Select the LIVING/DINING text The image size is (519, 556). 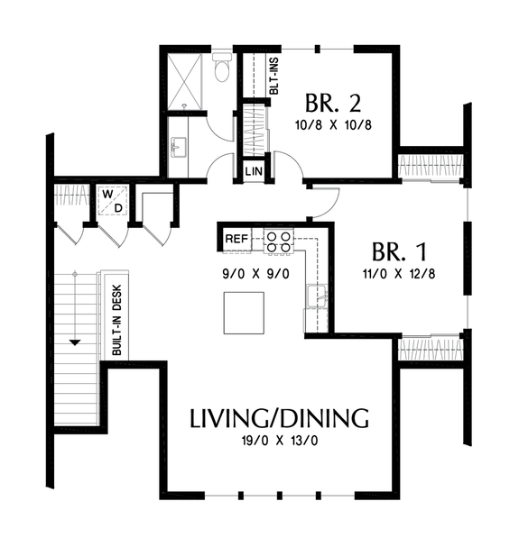coord(279,418)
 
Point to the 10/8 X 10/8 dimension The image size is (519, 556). coord(334,124)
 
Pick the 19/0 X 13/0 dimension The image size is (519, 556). coord(279,443)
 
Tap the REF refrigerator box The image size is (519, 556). coord(236,239)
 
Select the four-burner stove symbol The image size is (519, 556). coord(277,241)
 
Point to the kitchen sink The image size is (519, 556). coord(316,296)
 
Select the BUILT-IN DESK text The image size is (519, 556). coord(117,321)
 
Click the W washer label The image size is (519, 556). coord(107,194)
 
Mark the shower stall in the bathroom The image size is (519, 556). coord(186,81)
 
